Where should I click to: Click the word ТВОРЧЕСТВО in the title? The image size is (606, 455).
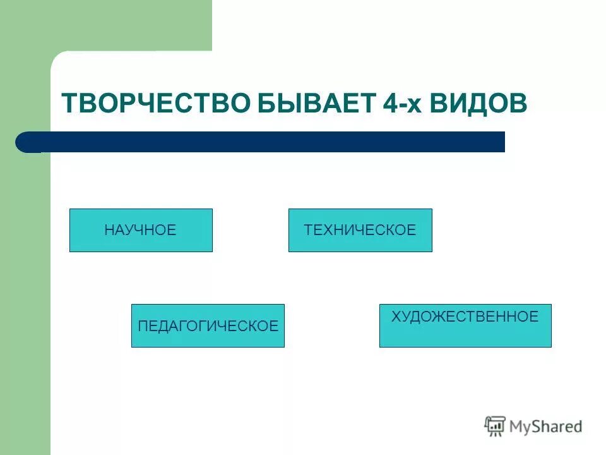155,102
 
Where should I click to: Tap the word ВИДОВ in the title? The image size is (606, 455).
478,102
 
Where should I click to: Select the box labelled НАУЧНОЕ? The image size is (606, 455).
141,230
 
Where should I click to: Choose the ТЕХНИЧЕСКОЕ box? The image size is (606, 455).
360,230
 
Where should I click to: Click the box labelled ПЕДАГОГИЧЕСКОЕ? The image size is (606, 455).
208,325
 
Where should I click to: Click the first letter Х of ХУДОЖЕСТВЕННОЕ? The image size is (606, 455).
395,317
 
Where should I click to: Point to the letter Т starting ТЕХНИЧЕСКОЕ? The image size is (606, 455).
308,230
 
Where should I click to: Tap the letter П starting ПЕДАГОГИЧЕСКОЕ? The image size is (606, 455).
142,326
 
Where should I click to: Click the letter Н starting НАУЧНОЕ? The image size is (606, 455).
109,230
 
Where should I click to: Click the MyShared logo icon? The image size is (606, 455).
495,425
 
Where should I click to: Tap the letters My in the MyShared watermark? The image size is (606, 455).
521,427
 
